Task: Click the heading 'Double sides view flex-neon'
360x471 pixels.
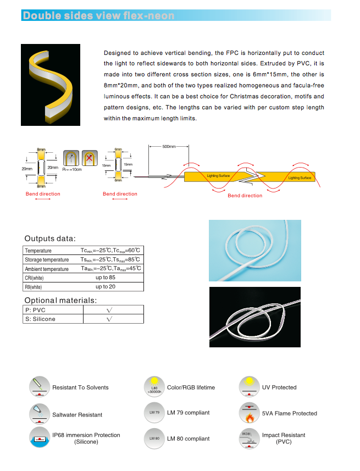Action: (98, 15)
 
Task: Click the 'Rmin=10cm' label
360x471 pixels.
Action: (72, 170)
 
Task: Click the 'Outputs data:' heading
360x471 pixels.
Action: (50, 239)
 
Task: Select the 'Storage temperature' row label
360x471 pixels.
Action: (47, 260)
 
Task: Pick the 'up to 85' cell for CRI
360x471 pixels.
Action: (106, 278)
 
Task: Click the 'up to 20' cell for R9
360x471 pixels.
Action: (106, 286)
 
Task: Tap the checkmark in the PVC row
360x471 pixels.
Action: (110, 310)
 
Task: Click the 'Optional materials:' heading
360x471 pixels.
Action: (60, 300)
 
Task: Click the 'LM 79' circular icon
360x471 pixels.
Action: (154, 413)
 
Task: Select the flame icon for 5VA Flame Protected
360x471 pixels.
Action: (249, 413)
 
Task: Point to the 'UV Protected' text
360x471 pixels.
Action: (279, 387)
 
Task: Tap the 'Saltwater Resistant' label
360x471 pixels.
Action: (77, 415)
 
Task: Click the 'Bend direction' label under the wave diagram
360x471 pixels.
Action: (245, 196)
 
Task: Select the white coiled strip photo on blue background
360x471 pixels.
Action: (255, 250)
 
